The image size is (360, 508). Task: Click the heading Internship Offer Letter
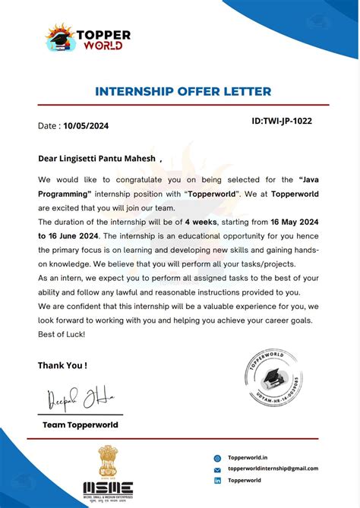(183, 92)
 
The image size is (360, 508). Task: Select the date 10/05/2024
(87, 126)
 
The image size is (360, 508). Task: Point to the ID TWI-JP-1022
(281, 121)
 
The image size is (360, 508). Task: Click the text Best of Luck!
(62, 335)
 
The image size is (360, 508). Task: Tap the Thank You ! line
(62, 365)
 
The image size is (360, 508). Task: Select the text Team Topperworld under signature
(81, 425)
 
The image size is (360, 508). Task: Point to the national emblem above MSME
(107, 462)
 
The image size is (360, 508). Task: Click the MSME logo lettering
(108, 487)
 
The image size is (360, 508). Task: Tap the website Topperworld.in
(248, 458)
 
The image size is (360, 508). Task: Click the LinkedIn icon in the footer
(217, 481)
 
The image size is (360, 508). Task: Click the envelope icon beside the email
(217, 469)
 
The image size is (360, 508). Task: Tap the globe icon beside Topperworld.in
(217, 458)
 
